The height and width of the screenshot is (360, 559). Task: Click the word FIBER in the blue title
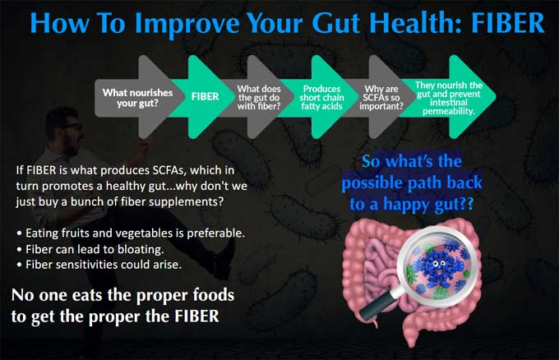(508, 22)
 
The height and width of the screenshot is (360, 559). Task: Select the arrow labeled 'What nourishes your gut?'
(139, 97)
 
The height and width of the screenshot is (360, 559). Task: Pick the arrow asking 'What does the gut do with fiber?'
(259, 97)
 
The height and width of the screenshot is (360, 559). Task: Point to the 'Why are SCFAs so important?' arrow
(381, 97)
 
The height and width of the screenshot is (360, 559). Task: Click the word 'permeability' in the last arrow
(449, 111)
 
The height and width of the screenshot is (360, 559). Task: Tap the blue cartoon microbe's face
(438, 265)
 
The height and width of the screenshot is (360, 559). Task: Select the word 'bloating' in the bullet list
(141, 249)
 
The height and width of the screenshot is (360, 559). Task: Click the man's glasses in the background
(73, 127)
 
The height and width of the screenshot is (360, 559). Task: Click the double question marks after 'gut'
(465, 204)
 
